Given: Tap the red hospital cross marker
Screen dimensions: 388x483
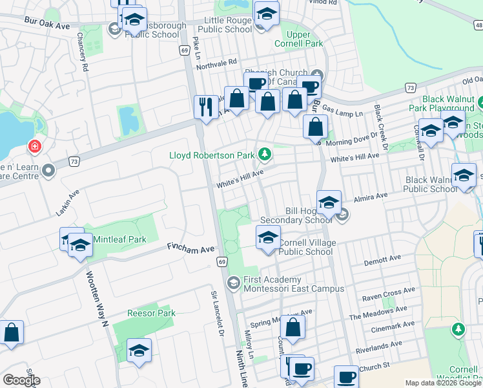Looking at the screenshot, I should point(34,147).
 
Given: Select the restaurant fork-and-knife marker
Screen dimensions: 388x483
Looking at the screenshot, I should point(206,107).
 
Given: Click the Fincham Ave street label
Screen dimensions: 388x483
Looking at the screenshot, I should point(190,248).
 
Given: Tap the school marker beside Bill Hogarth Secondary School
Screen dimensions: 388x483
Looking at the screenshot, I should point(329,202).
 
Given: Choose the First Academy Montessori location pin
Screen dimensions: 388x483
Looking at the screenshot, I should point(233,282).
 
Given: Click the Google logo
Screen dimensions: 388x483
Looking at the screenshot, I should point(21,380).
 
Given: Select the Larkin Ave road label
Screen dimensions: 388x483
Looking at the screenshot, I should point(65,195).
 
